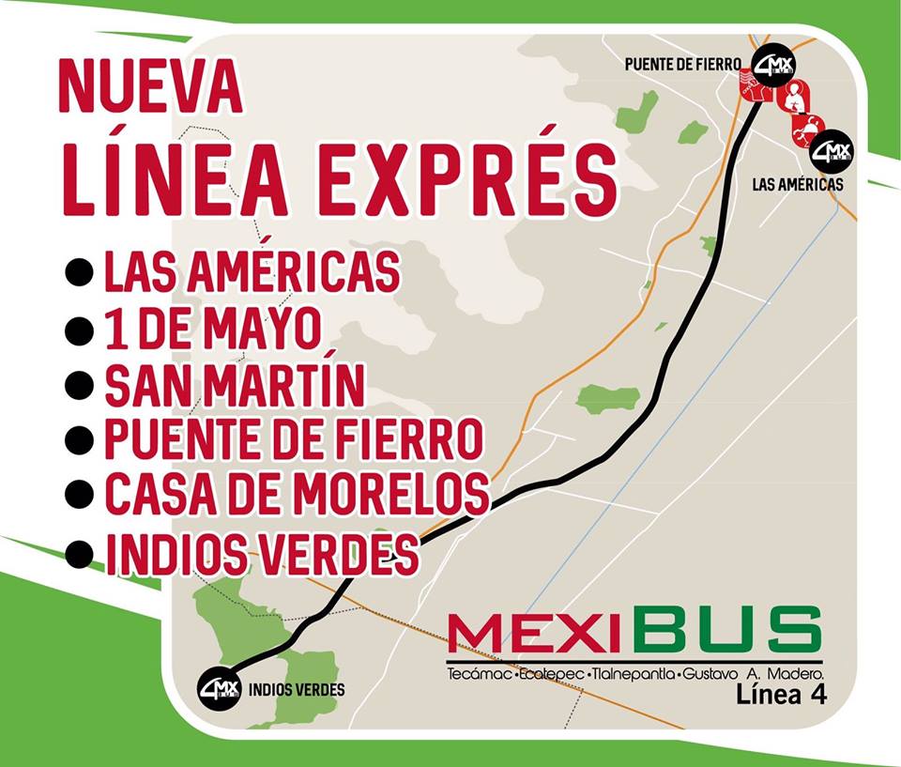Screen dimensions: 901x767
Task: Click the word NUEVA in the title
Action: click(150, 86)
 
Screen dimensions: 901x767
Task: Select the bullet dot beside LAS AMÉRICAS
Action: click(80, 272)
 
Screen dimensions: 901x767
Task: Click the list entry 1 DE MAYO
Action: click(213, 328)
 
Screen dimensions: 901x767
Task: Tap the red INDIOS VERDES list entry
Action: click(262, 553)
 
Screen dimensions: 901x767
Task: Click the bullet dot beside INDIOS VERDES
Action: click(80, 553)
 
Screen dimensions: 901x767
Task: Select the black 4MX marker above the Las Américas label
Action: click(830, 150)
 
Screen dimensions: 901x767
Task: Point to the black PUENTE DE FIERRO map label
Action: click(683, 65)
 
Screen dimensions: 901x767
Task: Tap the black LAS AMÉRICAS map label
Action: click(798, 185)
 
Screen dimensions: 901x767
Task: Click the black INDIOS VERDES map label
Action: click(297, 690)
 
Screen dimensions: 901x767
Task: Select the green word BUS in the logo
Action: click(727, 629)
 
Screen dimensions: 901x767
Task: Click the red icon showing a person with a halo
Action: click(794, 97)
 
